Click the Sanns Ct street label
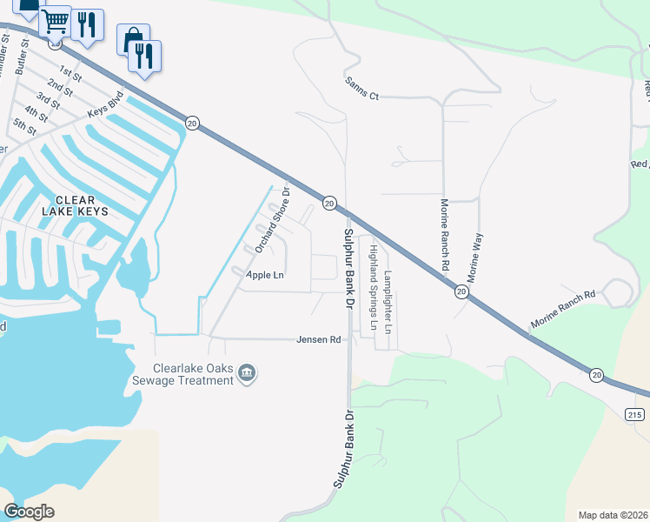[362, 90]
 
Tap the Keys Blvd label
[106, 108]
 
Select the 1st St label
[70, 73]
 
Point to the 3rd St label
[49, 101]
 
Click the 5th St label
[25, 126]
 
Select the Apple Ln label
[265, 275]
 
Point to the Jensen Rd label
[318, 340]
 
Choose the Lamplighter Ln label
[388, 302]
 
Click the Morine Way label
[475, 256]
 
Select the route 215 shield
[633, 413]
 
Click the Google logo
[29, 511]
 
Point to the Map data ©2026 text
[613, 515]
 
